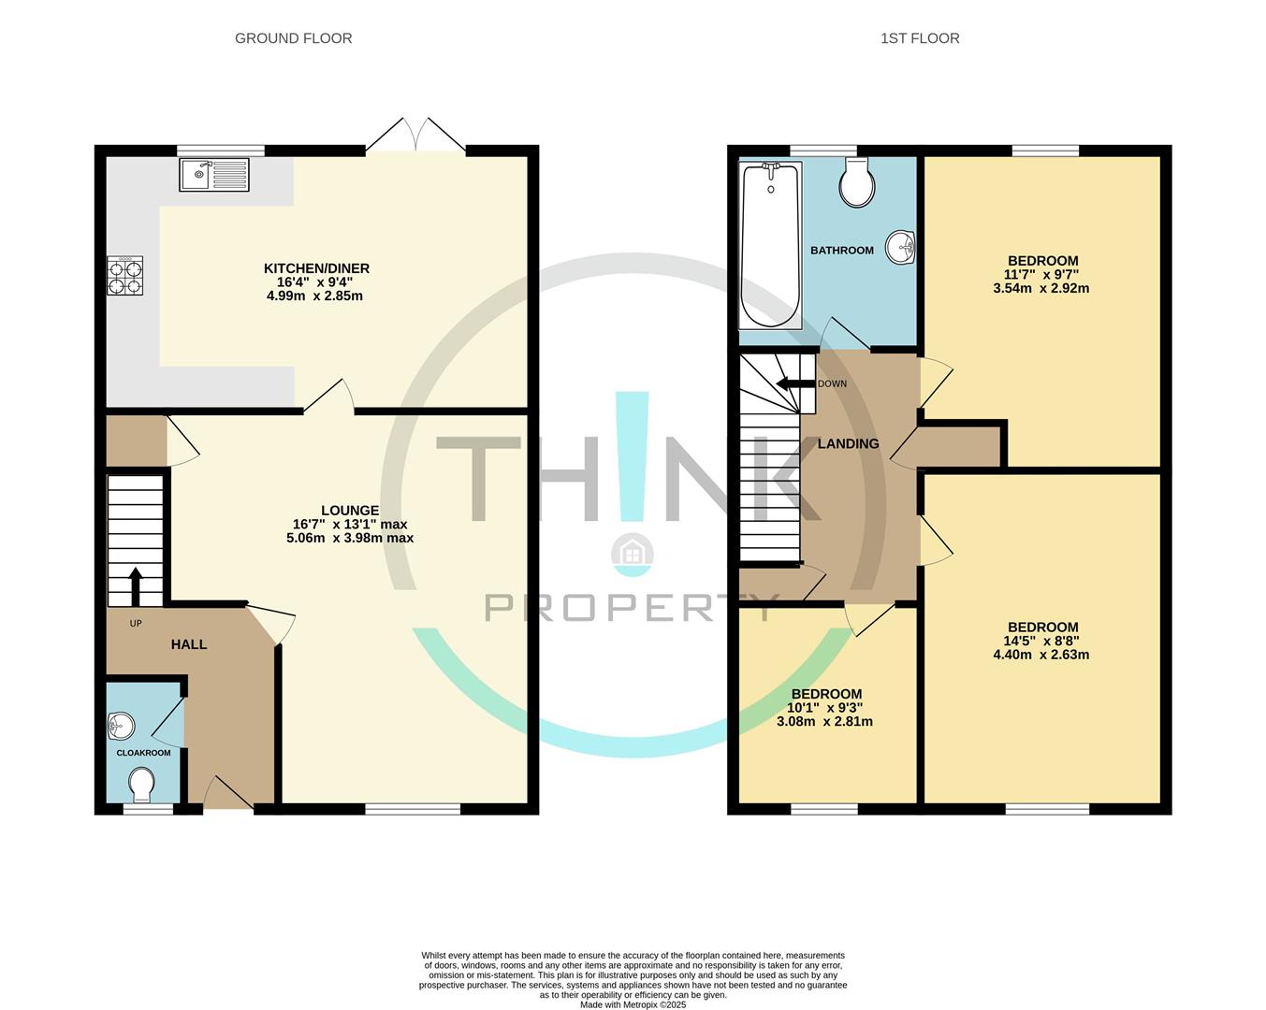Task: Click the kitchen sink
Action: pos(214,175)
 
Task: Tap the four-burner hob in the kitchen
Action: pos(125,276)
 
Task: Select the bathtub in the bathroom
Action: pos(770,245)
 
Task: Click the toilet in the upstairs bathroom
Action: pos(856,182)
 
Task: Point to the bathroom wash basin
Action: pos(902,248)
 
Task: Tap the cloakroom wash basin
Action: pos(122,725)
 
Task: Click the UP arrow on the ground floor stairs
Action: pos(136,586)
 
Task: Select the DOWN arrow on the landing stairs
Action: pos(795,383)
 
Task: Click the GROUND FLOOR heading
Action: pos(293,38)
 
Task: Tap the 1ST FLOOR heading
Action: pos(920,38)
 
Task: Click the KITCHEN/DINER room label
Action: pos(316,268)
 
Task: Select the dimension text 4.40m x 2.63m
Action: pos(1041,655)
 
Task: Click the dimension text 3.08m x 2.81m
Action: pos(824,721)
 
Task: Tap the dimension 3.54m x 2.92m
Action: pos(1041,288)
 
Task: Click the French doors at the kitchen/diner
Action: pos(415,136)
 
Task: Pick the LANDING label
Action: pos(848,443)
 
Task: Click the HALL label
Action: pos(188,644)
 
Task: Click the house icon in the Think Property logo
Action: pos(632,554)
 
